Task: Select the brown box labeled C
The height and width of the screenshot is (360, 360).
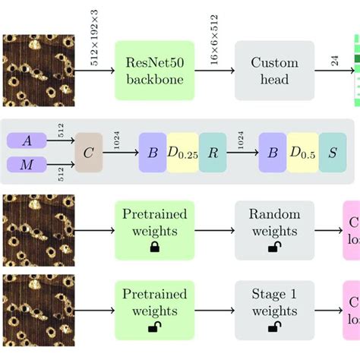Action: click(88, 151)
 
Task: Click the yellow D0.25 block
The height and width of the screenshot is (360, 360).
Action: click(183, 152)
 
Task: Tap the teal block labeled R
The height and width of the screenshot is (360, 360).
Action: click(213, 152)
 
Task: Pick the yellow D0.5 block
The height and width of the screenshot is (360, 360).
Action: click(302, 152)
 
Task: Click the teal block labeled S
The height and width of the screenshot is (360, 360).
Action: click(333, 152)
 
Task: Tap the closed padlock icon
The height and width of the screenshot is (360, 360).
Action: click(155, 248)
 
